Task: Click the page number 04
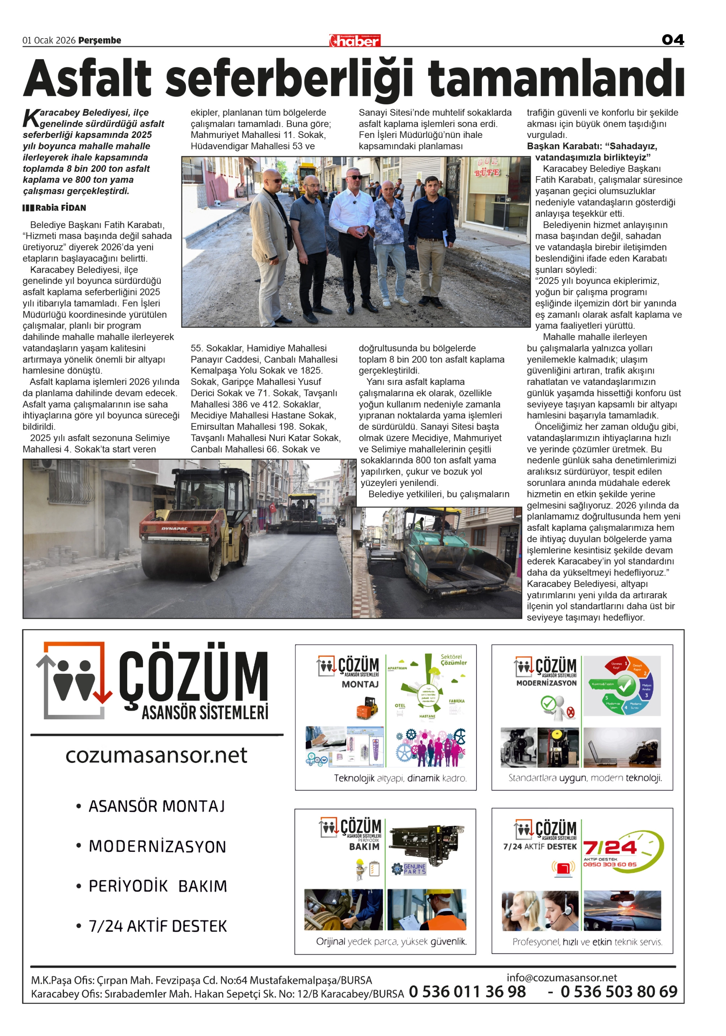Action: click(x=672, y=40)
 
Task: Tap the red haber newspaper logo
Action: click(x=355, y=41)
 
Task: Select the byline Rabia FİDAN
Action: click(x=60, y=208)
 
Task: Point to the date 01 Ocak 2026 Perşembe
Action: click(x=72, y=40)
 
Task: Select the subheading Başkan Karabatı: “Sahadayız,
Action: click(x=591, y=146)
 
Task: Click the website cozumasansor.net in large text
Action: click(x=156, y=756)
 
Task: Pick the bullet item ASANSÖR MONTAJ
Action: click(x=157, y=806)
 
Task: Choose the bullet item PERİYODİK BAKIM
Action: click(x=157, y=886)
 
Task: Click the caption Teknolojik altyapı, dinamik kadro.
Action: click(x=400, y=778)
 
